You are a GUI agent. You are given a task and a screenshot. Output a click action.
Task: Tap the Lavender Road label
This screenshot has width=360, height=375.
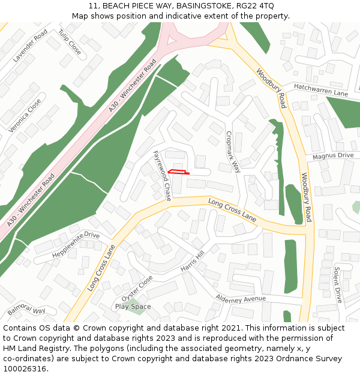click(30, 46)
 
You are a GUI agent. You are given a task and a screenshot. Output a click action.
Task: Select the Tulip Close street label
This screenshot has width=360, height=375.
click(70, 41)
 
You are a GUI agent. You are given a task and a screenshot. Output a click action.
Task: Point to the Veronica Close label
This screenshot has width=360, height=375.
click(25, 115)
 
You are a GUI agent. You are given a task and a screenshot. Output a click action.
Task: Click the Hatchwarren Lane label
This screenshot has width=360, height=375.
click(321, 91)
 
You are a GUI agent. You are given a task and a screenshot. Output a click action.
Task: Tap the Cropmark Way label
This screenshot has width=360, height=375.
click(232, 152)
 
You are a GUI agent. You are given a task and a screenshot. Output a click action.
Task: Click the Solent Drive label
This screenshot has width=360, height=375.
click(337, 284)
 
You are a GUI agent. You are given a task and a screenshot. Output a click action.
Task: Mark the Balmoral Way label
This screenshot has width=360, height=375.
click(26, 312)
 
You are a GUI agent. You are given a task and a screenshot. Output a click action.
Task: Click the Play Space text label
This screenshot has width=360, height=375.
click(133, 307)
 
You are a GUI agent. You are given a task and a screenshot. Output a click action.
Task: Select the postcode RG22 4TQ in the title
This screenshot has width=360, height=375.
click(254, 6)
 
